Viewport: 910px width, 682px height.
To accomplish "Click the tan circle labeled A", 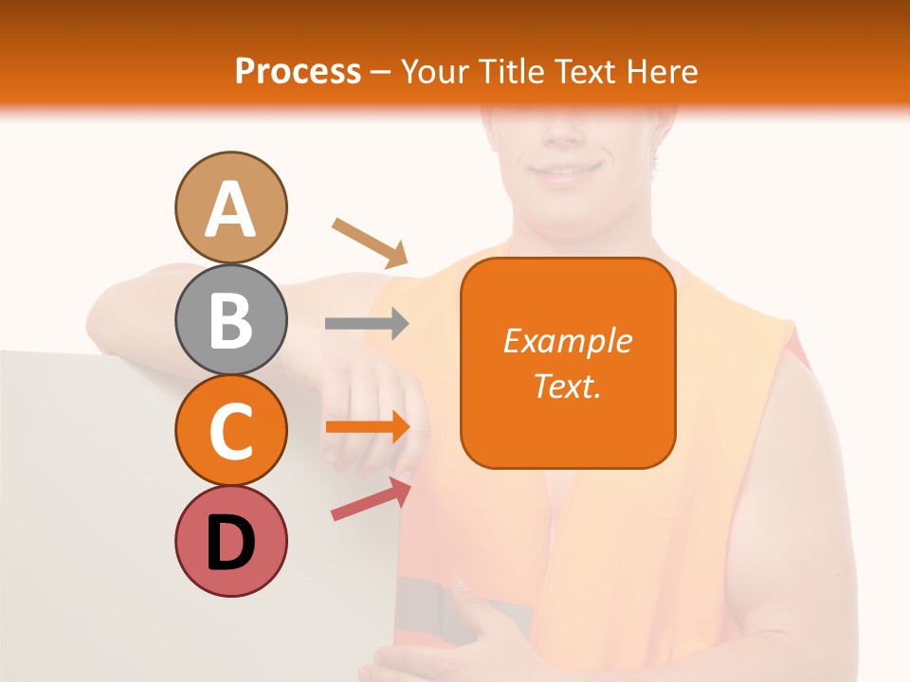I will click(230, 207).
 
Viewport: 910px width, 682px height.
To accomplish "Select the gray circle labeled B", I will click(230, 319).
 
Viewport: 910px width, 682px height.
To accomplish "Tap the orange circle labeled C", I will click(230, 430).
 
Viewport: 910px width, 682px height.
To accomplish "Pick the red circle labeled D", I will click(230, 541).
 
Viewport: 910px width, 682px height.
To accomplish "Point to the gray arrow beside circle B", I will click(367, 324).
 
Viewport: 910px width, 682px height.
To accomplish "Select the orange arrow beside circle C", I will click(368, 426).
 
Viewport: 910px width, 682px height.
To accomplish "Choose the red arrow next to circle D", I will click(371, 499).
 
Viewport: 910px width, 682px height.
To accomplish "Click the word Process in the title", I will click(298, 71).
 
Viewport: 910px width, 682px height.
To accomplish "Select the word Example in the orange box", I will click(567, 341).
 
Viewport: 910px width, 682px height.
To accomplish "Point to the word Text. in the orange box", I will click(567, 386).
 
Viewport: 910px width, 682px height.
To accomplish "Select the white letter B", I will click(230, 320).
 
